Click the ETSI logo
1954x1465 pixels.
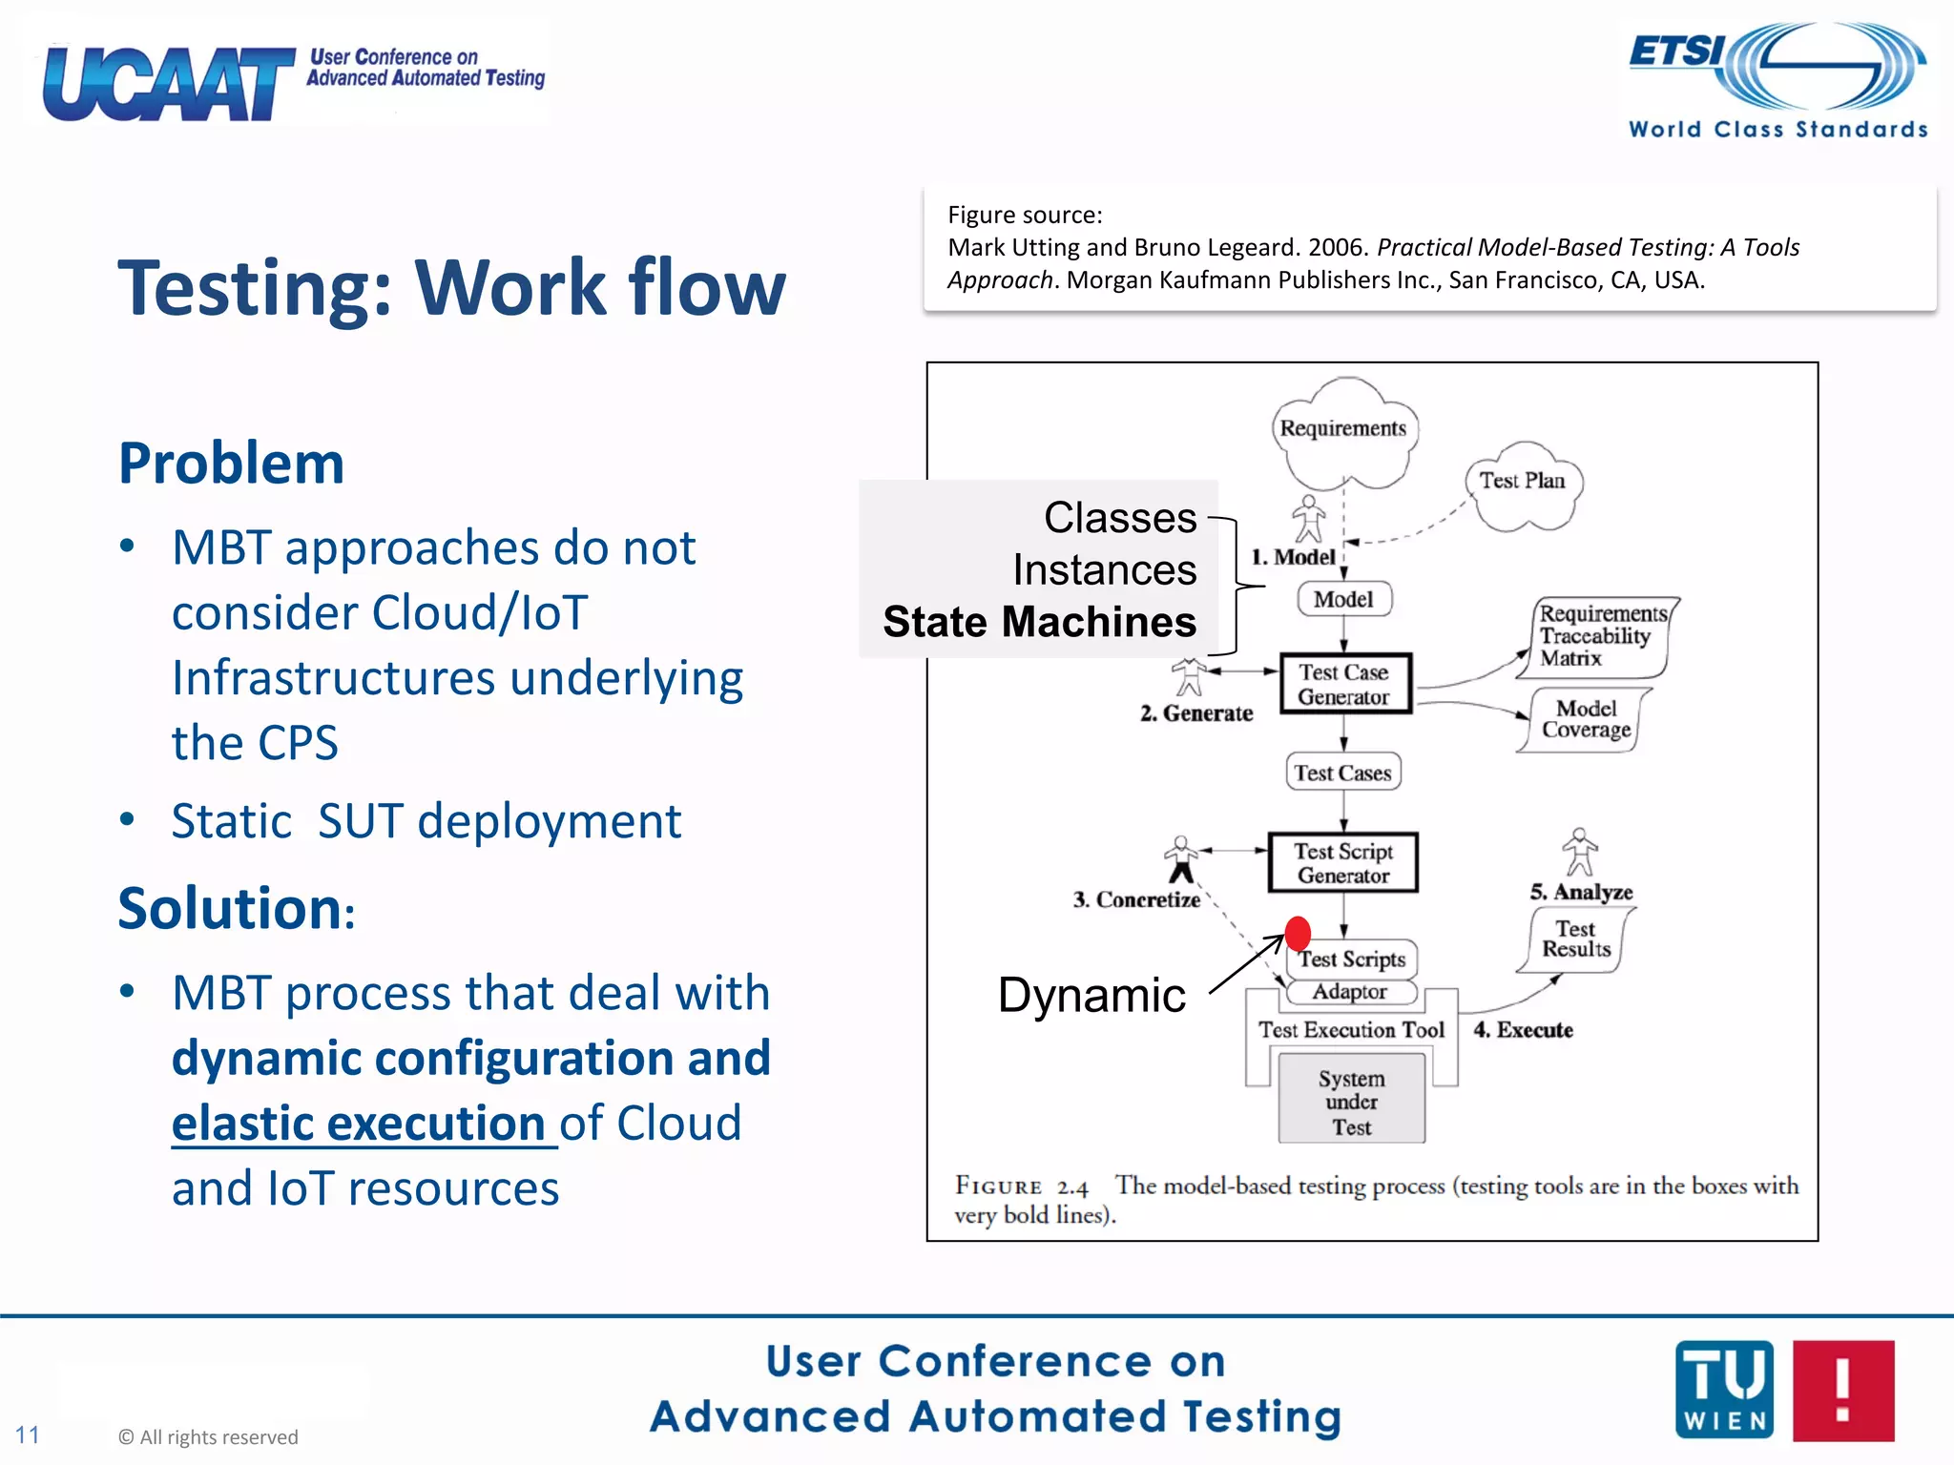1777,78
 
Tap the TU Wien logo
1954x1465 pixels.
1724,1390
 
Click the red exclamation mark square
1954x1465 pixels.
1843,1390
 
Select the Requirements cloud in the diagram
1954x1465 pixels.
1343,431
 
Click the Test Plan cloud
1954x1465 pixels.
1523,485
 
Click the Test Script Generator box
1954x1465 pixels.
1343,863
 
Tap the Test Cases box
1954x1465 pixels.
1342,773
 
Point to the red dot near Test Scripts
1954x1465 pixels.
1298,933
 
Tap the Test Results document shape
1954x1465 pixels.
1576,939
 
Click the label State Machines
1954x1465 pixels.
1039,622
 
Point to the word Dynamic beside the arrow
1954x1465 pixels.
1091,996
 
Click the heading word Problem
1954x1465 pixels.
231,464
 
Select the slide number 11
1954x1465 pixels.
28,1434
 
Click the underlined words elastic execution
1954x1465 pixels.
359,1124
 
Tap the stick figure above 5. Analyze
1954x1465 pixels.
1580,851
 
